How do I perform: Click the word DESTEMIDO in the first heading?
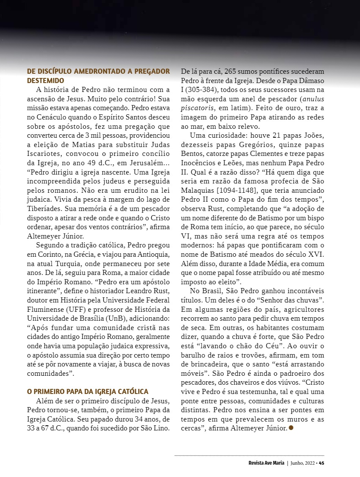[45, 80]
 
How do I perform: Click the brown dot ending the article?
[291, 428]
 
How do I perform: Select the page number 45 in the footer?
[321, 463]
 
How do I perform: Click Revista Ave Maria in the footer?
[266, 463]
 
